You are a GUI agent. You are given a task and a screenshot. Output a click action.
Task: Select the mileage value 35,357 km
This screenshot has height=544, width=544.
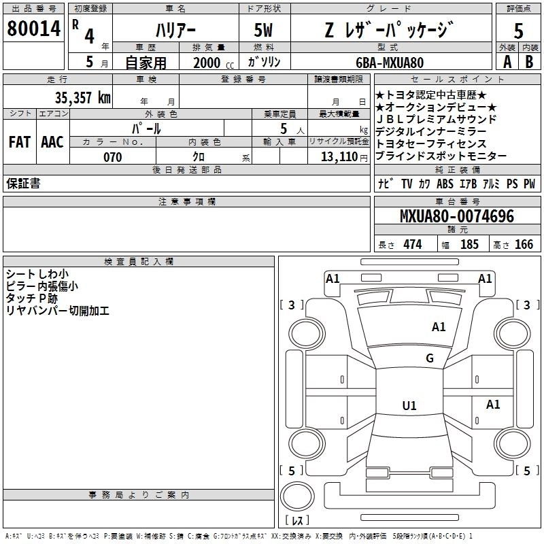[x=82, y=97]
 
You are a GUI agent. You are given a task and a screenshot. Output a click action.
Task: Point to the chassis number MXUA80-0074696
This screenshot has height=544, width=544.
[x=457, y=217]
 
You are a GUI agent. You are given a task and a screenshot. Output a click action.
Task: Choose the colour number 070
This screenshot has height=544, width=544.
[x=112, y=157]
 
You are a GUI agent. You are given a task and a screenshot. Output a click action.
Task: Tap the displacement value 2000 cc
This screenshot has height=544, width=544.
[x=211, y=63]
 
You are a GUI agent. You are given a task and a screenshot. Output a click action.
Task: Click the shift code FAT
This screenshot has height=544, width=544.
[x=19, y=142]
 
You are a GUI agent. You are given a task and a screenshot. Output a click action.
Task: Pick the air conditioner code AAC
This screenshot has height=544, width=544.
[x=52, y=142]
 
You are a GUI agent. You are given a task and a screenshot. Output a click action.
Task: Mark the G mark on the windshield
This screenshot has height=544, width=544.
[x=430, y=358]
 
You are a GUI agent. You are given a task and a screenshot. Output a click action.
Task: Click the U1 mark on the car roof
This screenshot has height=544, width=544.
[x=409, y=406]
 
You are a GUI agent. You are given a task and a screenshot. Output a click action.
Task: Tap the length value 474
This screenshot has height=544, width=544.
[x=412, y=244]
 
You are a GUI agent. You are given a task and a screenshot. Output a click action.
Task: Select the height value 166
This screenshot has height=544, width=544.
[x=524, y=244]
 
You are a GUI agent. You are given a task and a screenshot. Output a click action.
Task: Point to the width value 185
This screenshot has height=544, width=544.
[x=469, y=244]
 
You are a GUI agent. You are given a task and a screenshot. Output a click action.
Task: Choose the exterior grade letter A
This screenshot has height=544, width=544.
[x=507, y=61]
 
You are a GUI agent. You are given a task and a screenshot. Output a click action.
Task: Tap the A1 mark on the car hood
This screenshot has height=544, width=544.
[x=439, y=327]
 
